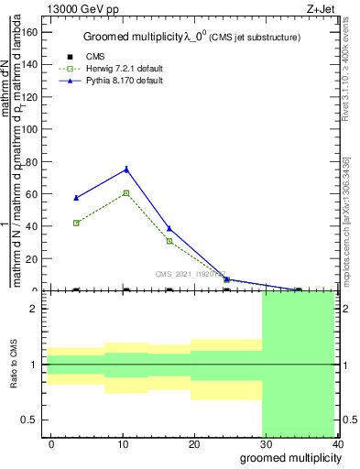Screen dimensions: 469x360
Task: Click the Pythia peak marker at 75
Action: [126, 169]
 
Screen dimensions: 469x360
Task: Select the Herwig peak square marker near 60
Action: [126, 193]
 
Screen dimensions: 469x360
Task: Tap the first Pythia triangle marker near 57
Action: [77, 198]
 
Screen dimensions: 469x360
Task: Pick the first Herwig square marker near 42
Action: [77, 223]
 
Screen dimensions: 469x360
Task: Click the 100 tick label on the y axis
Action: [29, 129]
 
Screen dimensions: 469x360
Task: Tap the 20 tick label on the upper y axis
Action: [32, 259]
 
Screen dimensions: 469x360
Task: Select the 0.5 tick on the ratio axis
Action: [30, 420]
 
